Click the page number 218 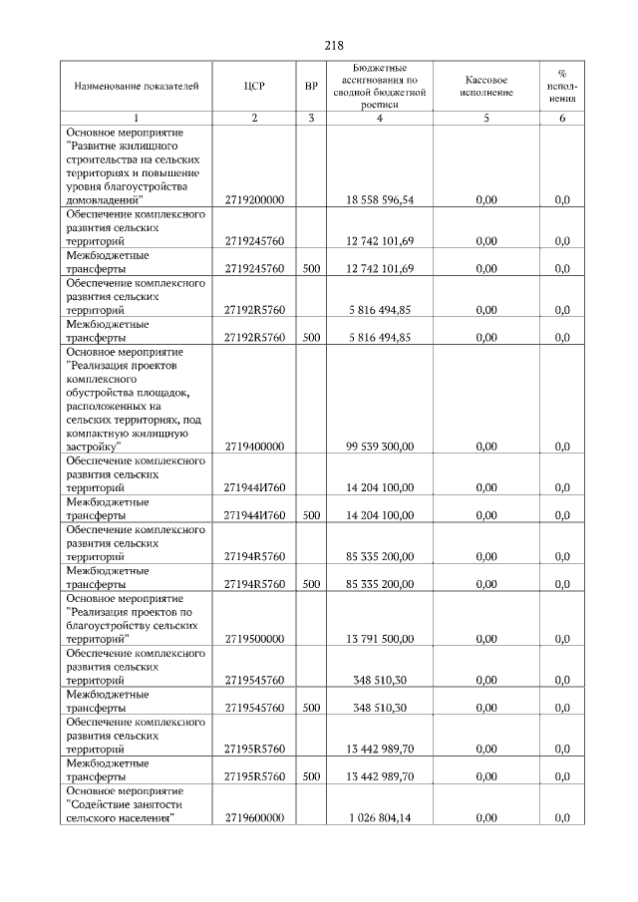click(334, 45)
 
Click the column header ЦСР click(254, 86)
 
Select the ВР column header click(311, 86)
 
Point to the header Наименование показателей click(130, 86)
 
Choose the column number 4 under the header click(379, 119)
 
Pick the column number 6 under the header click(561, 119)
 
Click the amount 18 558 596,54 click(380, 199)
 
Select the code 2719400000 click(254, 447)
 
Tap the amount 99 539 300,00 click(380, 447)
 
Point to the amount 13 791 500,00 click(380, 639)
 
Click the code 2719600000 click(254, 817)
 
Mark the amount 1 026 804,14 click(380, 817)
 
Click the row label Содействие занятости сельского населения click(130, 803)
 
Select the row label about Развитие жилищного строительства click(130, 165)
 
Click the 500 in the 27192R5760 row click(311, 337)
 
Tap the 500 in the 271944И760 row click(311, 515)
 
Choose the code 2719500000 click(254, 639)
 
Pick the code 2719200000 click(254, 199)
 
